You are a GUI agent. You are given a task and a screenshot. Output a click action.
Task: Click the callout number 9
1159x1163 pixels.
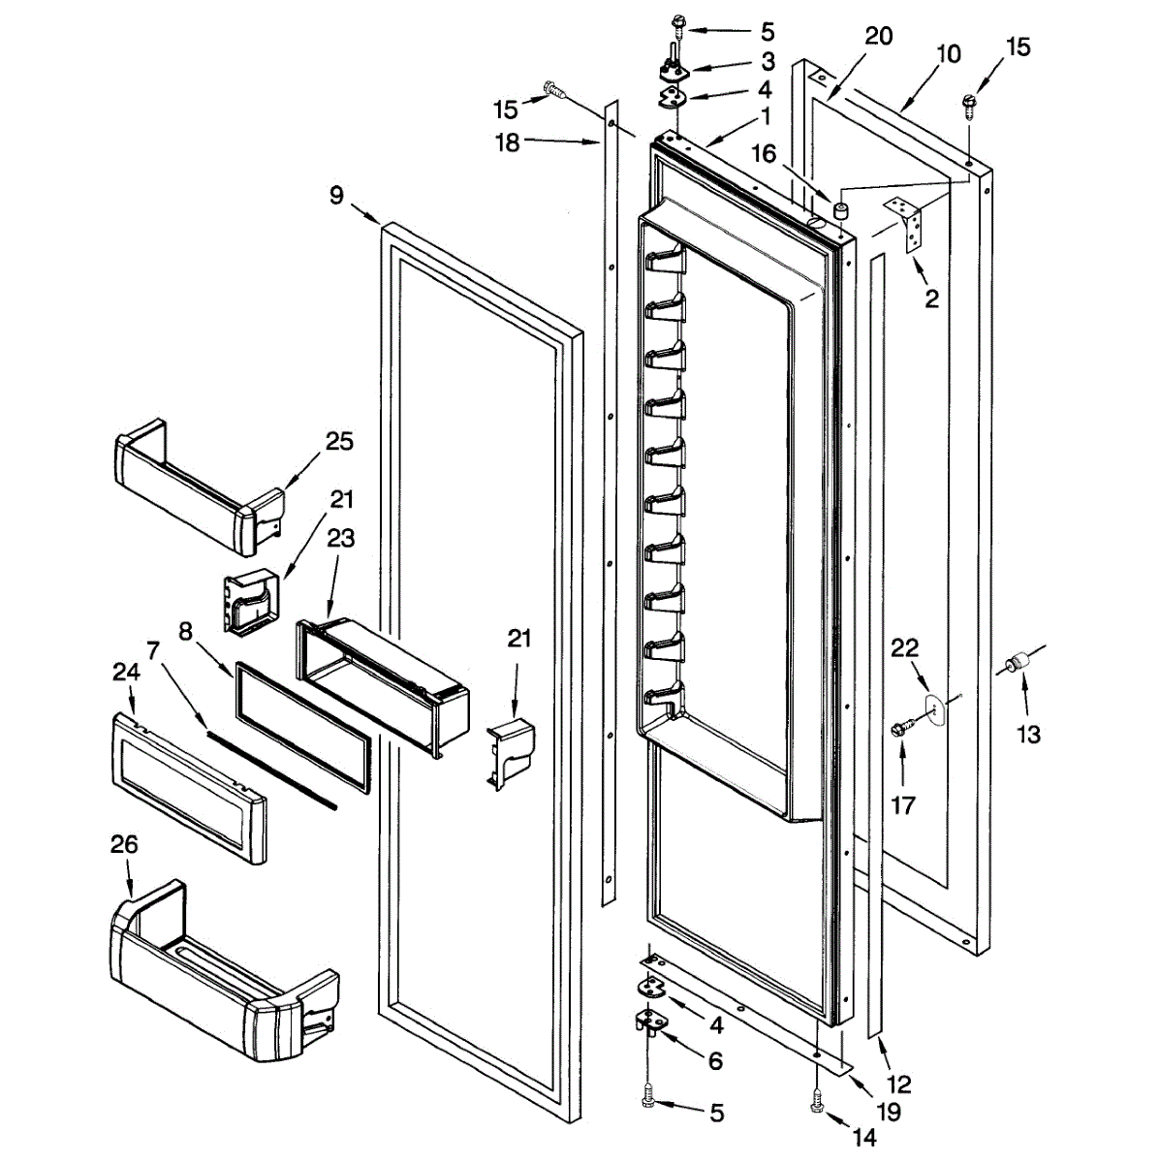click(336, 196)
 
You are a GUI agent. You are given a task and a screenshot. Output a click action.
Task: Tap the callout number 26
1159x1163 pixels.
click(124, 845)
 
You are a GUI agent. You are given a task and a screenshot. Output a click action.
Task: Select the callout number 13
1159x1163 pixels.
click(1028, 735)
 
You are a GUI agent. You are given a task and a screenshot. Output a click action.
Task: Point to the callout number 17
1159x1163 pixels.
click(902, 804)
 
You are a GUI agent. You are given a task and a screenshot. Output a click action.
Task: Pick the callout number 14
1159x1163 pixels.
click(863, 1138)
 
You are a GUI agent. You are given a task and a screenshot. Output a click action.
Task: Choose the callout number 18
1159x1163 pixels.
click(507, 142)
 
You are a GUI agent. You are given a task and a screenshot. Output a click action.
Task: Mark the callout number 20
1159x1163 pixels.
click(879, 37)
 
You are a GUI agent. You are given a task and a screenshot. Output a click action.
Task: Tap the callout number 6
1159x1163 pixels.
click(715, 1061)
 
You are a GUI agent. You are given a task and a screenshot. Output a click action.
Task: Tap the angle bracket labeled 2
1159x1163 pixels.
click(909, 224)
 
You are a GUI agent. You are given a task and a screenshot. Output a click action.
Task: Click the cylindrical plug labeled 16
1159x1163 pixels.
click(840, 209)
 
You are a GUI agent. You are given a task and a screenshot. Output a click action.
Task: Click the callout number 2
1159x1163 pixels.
click(931, 299)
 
